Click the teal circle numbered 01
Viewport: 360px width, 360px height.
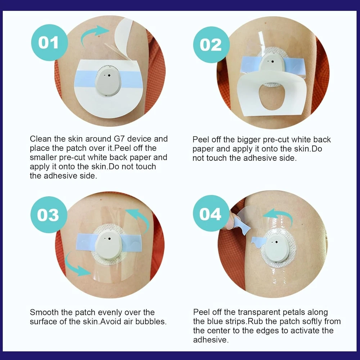point(49,42)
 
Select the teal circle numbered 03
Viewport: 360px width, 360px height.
point(49,215)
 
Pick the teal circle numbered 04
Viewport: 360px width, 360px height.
point(211,213)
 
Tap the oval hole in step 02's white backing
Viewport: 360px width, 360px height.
point(271,96)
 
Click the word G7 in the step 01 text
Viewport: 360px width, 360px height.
point(119,139)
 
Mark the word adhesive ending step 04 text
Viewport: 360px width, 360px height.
point(211,340)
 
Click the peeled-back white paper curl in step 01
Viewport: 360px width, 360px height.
point(124,39)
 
